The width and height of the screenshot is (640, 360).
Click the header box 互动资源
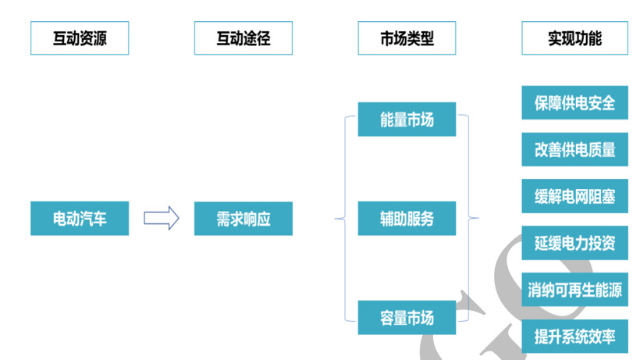[x=80, y=38]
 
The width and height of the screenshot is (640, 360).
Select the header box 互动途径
[x=244, y=38]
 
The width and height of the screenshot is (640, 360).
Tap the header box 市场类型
[x=407, y=38]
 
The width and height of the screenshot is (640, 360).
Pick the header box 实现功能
[x=574, y=38]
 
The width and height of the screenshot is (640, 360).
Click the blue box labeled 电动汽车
[x=80, y=219]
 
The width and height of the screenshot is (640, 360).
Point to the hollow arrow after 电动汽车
[x=161, y=218]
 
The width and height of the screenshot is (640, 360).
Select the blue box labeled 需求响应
[x=244, y=219]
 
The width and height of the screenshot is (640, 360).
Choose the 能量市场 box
[x=407, y=119]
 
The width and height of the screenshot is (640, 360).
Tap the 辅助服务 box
[x=407, y=219]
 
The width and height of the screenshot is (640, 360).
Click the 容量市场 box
[x=407, y=317]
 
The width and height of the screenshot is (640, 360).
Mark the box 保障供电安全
[x=574, y=102]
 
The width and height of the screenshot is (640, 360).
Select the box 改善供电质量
[x=574, y=149]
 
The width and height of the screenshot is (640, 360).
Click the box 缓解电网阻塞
[x=574, y=196]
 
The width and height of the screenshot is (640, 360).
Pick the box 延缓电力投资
[x=574, y=243]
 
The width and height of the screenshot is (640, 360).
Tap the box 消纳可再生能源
[x=574, y=290]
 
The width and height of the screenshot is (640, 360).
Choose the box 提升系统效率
[x=574, y=336]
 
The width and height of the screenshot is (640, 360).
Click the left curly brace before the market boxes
[x=340, y=219]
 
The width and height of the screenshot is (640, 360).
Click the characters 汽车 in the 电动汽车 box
[x=93, y=219]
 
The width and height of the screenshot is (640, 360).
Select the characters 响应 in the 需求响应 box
[x=257, y=219]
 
